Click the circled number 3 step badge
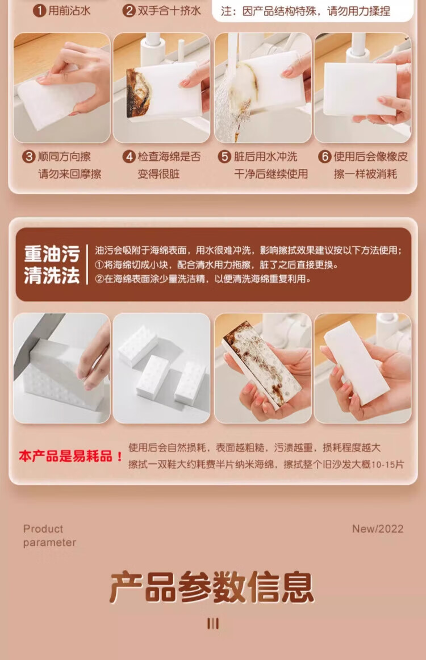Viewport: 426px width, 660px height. point(28,156)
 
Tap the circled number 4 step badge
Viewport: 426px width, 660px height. point(129,156)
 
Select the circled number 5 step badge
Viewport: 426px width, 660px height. point(224,156)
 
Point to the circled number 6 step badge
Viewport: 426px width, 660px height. point(325,156)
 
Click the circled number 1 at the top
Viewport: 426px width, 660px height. point(40,10)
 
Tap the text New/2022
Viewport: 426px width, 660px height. point(378,529)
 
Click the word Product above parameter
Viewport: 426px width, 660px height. point(43,529)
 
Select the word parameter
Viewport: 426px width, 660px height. point(49,542)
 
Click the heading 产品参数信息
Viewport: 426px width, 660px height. point(212,587)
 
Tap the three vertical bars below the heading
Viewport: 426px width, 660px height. point(213,624)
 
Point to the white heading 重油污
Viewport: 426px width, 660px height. point(52,254)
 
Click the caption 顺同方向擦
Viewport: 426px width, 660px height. point(64,156)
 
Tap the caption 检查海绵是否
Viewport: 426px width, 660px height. point(169,156)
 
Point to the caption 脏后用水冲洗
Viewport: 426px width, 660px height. point(265,156)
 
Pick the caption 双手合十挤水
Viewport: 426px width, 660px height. point(169,11)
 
